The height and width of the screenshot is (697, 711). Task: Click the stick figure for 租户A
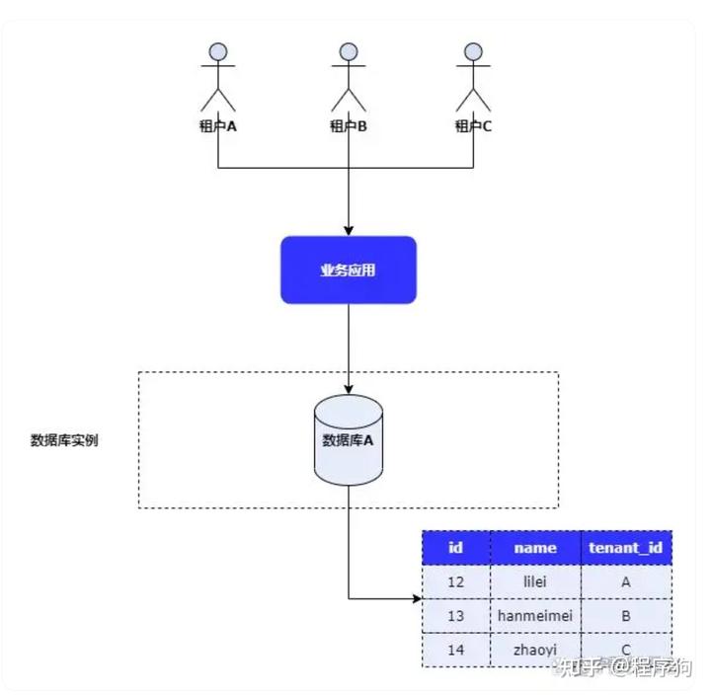219,77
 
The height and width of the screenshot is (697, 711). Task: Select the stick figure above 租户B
349,77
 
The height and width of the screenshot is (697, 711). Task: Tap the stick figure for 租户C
474,77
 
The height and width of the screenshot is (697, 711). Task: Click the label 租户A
218,126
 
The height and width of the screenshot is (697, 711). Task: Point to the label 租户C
473,126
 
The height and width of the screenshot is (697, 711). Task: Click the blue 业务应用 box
348,270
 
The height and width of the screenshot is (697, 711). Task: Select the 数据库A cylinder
348,439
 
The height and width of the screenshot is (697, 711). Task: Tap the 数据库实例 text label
64,440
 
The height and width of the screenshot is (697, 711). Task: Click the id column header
455,548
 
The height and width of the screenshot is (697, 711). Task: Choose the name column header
535,548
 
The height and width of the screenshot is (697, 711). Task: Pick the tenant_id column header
625,548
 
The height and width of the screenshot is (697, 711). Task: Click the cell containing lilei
535,582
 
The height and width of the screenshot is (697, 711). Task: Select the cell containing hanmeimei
535,616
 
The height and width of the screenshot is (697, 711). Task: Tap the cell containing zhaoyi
535,650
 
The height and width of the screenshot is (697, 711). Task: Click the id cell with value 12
455,582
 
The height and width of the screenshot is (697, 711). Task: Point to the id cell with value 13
455,616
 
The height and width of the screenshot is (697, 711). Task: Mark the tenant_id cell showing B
625,616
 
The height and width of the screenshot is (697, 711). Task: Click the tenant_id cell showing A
625,582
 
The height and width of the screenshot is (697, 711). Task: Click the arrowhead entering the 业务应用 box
348,230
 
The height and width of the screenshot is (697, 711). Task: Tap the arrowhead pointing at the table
416,598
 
